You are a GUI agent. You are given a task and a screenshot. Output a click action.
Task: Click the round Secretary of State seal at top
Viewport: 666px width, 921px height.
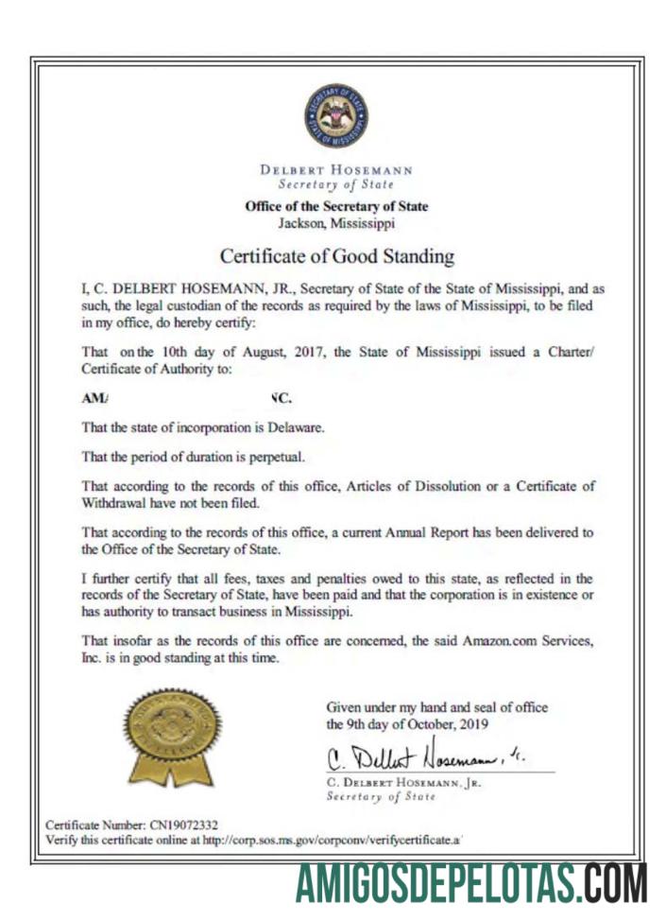tap(336, 115)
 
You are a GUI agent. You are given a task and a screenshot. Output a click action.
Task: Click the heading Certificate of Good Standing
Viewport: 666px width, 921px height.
tap(336, 255)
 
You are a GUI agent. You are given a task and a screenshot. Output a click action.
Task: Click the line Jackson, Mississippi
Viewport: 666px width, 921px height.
tap(336, 223)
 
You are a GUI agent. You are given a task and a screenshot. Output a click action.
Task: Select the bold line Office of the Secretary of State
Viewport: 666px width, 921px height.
tap(336, 207)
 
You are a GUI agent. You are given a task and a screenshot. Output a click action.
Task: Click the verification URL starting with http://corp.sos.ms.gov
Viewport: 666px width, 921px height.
tap(336, 840)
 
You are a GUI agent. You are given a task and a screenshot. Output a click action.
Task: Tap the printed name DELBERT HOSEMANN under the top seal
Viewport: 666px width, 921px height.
tap(336, 170)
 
